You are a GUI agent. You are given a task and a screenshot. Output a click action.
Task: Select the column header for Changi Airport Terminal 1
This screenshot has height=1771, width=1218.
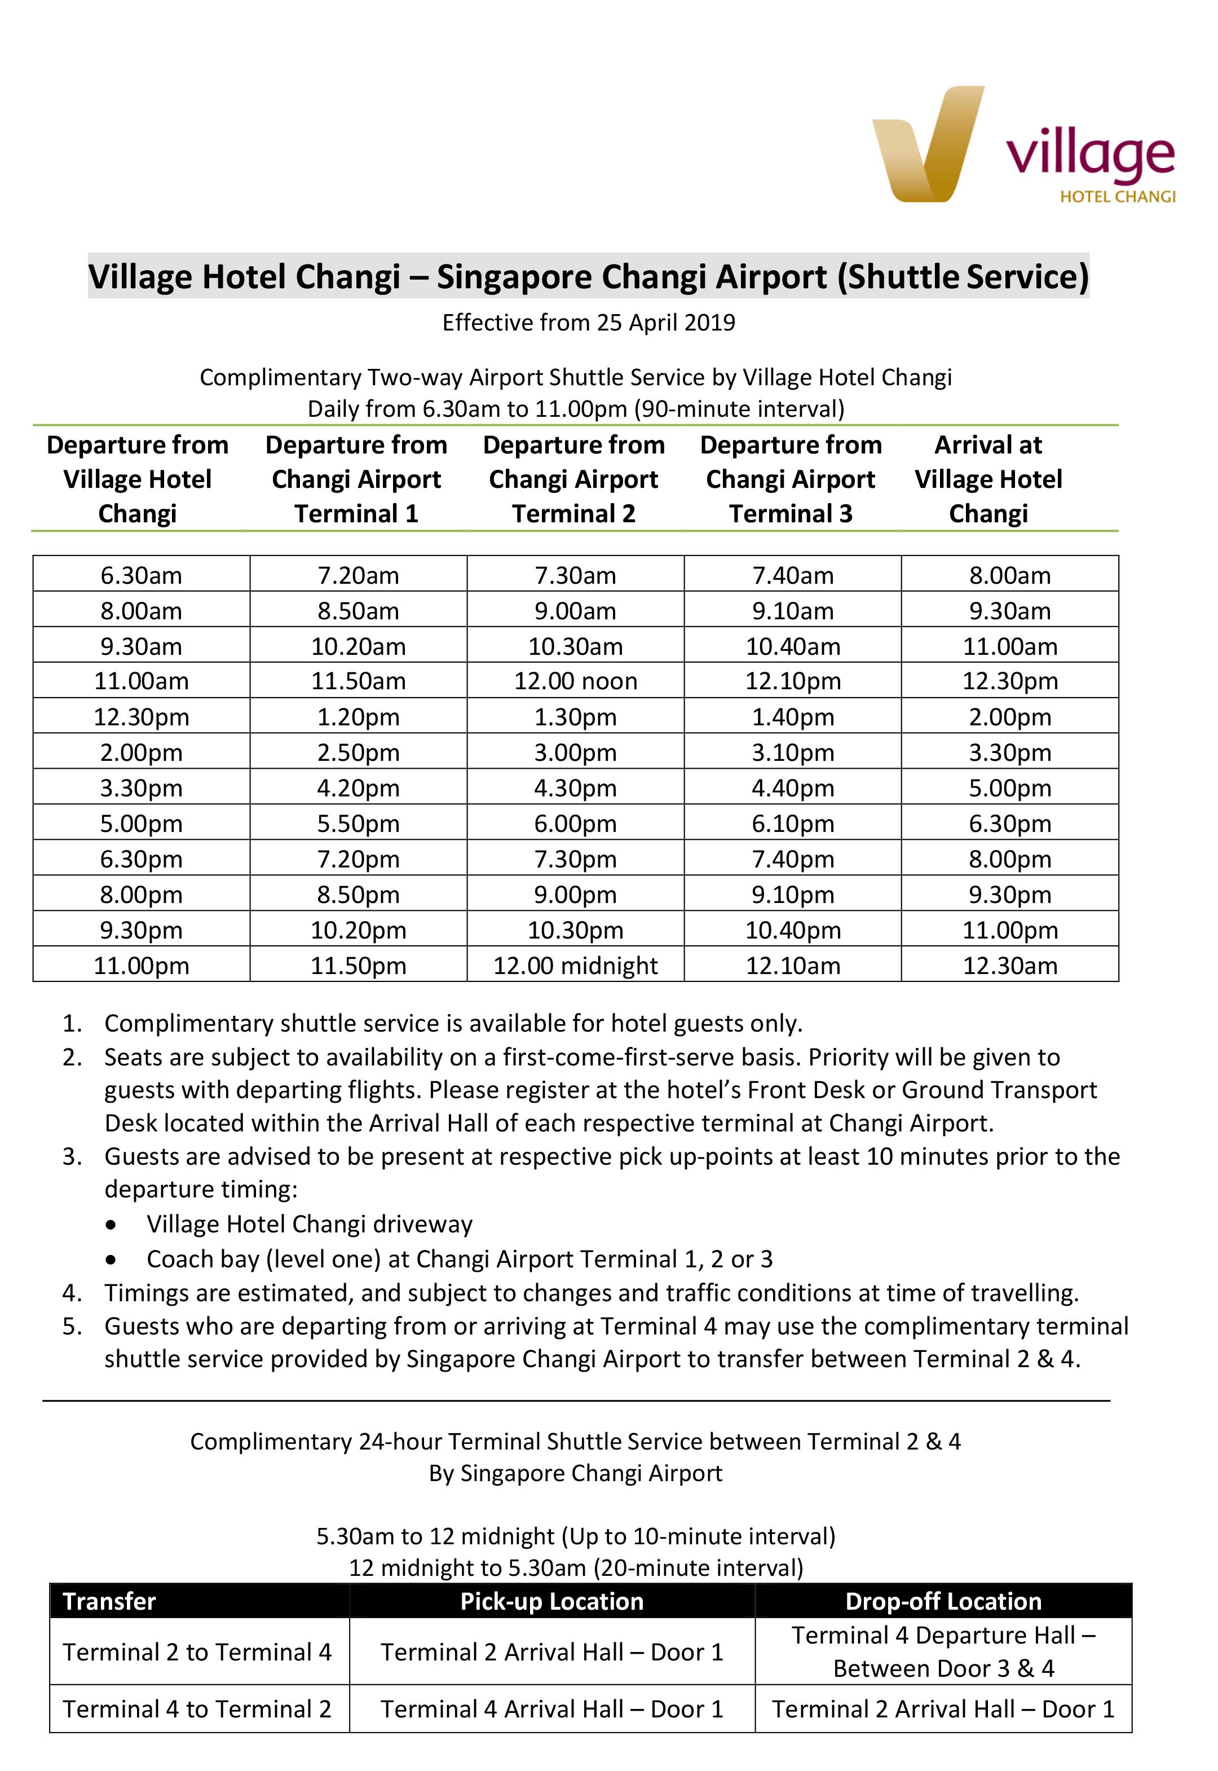point(356,479)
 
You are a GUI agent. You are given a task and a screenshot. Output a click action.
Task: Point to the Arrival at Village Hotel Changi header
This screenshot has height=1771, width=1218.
point(988,479)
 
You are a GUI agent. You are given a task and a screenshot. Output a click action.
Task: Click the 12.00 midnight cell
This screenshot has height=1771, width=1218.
point(575,966)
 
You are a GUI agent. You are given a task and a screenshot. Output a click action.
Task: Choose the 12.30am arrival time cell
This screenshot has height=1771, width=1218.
point(1010,966)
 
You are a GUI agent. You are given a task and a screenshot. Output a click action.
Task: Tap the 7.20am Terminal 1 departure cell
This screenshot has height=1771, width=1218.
point(358,575)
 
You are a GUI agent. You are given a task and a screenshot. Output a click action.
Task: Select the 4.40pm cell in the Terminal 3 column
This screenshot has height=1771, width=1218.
point(793,788)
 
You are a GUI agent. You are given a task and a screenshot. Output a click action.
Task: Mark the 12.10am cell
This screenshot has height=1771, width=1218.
point(793,966)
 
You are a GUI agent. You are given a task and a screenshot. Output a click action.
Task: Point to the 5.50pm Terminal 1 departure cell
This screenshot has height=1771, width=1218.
point(358,823)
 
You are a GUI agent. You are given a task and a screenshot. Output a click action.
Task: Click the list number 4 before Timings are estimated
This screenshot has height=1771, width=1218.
point(72,1293)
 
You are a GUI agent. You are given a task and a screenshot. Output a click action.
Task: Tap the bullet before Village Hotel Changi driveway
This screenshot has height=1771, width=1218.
point(112,1225)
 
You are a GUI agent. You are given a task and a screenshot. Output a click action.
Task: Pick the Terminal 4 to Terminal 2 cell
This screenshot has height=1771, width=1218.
point(197,1709)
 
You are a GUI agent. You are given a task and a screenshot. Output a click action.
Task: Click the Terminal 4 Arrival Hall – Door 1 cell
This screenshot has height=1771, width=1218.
point(551,1709)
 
